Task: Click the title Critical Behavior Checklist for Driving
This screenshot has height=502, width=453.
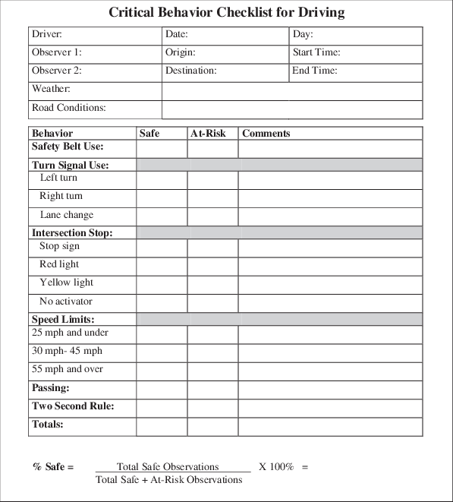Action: pyautogui.click(x=226, y=12)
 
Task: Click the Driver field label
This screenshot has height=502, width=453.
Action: pyautogui.click(x=47, y=35)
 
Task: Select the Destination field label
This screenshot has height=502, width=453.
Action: pyautogui.click(x=190, y=71)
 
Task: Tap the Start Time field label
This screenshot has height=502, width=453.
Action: pyautogui.click(x=316, y=53)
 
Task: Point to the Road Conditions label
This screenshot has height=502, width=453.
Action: pyautogui.click(x=68, y=108)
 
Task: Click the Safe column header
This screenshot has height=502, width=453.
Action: pyautogui.click(x=149, y=134)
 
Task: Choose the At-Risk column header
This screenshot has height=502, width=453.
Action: pyautogui.click(x=209, y=134)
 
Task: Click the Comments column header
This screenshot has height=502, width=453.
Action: pyautogui.click(x=266, y=134)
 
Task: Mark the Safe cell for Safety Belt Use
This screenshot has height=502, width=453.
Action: pyautogui.click(x=162, y=148)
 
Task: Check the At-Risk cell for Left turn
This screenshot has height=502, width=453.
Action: pyautogui.click(x=212, y=179)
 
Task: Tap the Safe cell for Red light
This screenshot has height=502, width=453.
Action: pyautogui.click(x=162, y=266)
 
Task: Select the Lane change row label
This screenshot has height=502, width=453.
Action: pyautogui.click(x=67, y=215)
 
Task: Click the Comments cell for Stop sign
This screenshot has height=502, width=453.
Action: pyautogui.click(x=330, y=248)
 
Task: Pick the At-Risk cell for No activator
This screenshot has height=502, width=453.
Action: pyautogui.click(x=212, y=302)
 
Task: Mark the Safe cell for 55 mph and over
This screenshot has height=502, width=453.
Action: pyautogui.click(x=162, y=371)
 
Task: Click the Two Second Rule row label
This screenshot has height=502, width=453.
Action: pyautogui.click(x=73, y=406)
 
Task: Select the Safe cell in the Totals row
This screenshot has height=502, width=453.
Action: pyautogui.click(x=162, y=426)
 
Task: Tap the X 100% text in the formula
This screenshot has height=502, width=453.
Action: pyautogui.click(x=275, y=466)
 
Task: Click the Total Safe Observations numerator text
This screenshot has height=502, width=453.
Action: pyautogui.click(x=168, y=466)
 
